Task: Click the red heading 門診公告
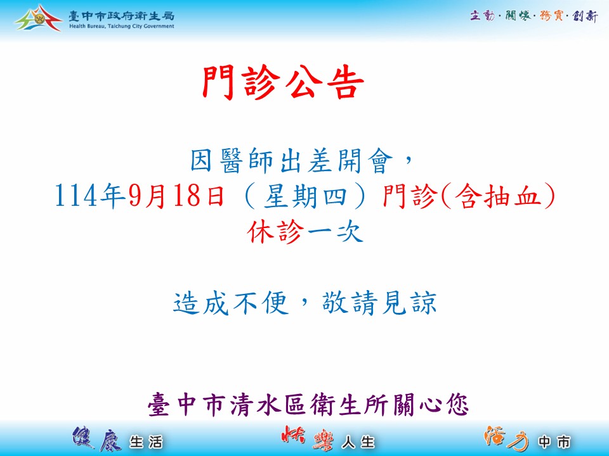[283, 83]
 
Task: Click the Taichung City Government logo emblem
[39, 18]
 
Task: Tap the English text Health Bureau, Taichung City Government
[122, 27]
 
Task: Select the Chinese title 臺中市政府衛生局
[122, 16]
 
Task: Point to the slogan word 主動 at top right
[482, 15]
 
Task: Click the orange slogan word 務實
[551, 15]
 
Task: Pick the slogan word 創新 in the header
[585, 16]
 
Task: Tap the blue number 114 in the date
[76, 196]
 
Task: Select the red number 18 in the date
[187, 196]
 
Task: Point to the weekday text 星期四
[305, 196]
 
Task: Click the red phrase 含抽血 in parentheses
[499, 196]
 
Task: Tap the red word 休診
[275, 232]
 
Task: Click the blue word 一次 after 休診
[335, 232]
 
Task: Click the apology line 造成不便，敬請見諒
[305, 303]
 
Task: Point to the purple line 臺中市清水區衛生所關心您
[308, 405]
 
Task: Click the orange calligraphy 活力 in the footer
[506, 438]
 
